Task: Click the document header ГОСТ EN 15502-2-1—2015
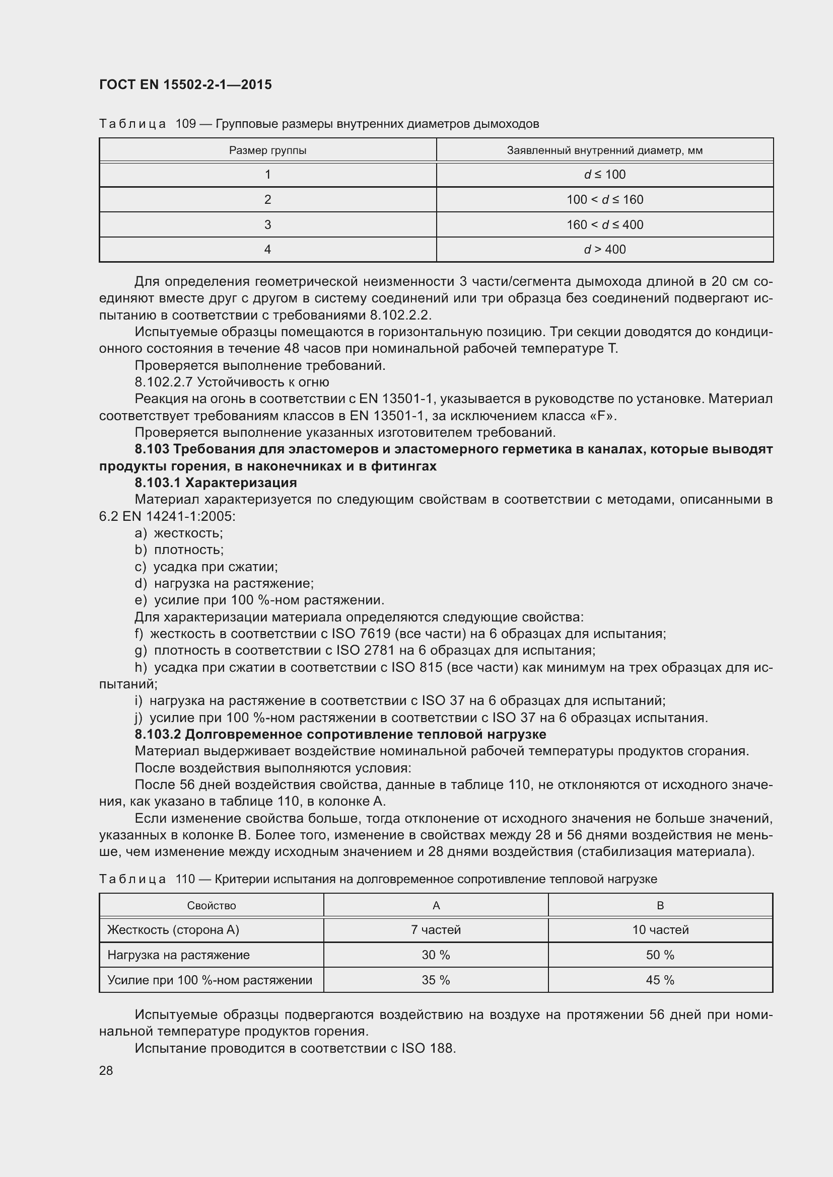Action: coord(185,85)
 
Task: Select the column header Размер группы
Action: coord(267,150)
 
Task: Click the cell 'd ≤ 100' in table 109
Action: coord(604,174)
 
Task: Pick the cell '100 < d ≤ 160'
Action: coord(604,199)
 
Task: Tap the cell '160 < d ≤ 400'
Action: coord(604,224)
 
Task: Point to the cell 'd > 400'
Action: coord(604,249)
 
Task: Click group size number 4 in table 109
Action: coord(267,249)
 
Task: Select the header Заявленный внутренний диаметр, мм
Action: coord(604,150)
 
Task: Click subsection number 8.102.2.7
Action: coord(164,382)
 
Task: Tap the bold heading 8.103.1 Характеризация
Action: coord(216,483)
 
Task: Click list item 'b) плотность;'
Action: coord(179,550)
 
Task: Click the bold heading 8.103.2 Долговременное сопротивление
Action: coord(340,734)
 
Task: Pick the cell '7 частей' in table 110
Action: coord(436,929)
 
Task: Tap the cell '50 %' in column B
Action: coord(660,955)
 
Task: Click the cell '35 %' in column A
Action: coord(436,980)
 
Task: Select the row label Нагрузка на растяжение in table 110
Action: coord(178,955)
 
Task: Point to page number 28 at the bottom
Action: coord(106,1070)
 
